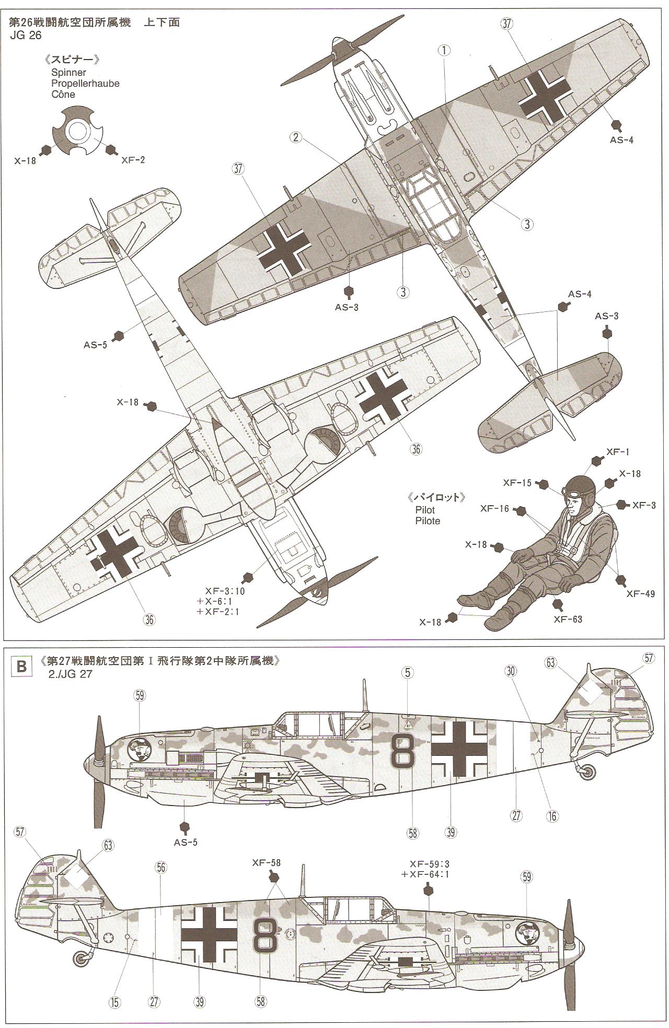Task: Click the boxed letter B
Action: coord(21,667)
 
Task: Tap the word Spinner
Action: coord(68,73)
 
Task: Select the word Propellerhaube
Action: coord(85,84)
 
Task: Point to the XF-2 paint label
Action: coord(133,160)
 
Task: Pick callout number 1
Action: coord(444,50)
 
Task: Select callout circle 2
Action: coord(296,137)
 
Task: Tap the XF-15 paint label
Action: coord(517,483)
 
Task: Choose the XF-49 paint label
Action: coord(640,593)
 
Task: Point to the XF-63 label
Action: coord(568,619)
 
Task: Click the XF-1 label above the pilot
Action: coord(616,452)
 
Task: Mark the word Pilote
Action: coord(428,521)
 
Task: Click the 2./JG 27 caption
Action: coord(70,674)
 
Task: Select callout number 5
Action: coord(408,673)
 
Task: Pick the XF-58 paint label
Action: coord(266,862)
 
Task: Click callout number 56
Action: coord(160,868)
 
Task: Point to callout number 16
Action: coord(552,816)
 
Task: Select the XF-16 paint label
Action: coord(495,508)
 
